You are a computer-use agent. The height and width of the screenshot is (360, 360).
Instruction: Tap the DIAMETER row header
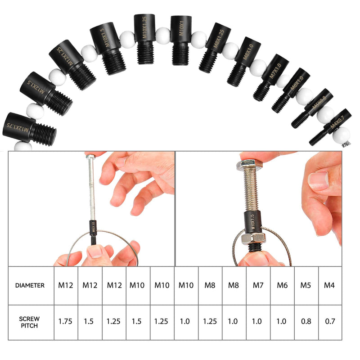point(30,285)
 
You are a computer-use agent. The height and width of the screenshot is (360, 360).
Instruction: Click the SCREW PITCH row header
point(30,322)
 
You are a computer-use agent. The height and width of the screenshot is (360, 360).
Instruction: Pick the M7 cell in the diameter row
point(258,285)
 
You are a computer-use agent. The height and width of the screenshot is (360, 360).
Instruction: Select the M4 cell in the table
point(330,285)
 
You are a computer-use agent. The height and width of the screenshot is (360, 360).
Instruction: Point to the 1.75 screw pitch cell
point(66,322)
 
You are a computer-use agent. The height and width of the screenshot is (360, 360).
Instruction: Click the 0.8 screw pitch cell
point(306,322)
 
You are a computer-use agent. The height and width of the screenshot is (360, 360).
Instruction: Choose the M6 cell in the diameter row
point(282,285)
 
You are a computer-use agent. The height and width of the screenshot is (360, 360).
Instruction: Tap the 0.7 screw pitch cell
point(330,322)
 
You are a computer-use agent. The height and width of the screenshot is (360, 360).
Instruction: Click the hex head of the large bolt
point(247,165)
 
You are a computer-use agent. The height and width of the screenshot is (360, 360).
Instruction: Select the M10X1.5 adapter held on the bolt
point(252,221)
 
